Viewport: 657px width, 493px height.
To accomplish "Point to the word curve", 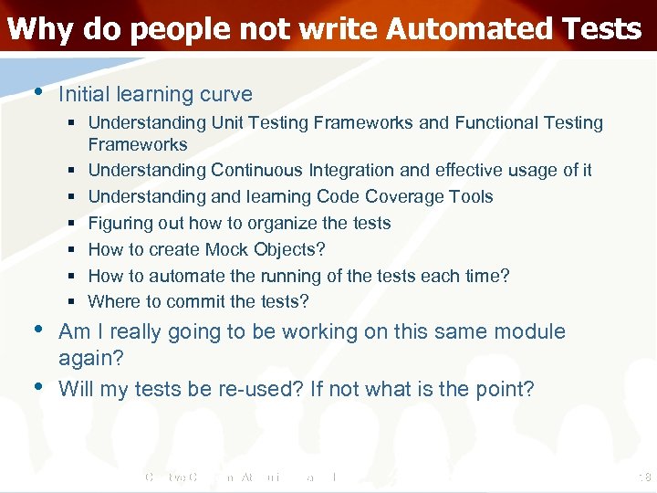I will pyautogui.click(x=227, y=94).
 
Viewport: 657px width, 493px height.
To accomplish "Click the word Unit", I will pyautogui.click(x=225, y=122).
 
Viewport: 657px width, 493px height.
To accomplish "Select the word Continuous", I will pyautogui.click(x=257, y=170).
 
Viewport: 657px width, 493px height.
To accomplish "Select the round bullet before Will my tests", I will pyautogui.click(x=36, y=386).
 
